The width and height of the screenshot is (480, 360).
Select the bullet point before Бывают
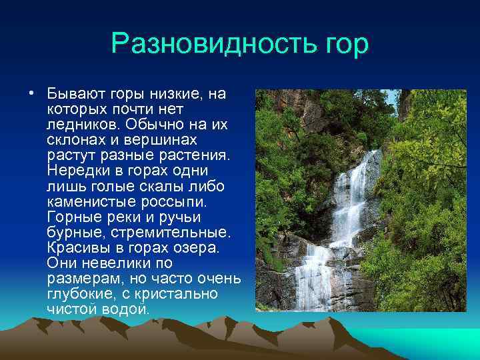(x=31, y=93)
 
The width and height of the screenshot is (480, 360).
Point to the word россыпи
(x=179, y=201)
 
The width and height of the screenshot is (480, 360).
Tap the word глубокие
(x=79, y=294)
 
